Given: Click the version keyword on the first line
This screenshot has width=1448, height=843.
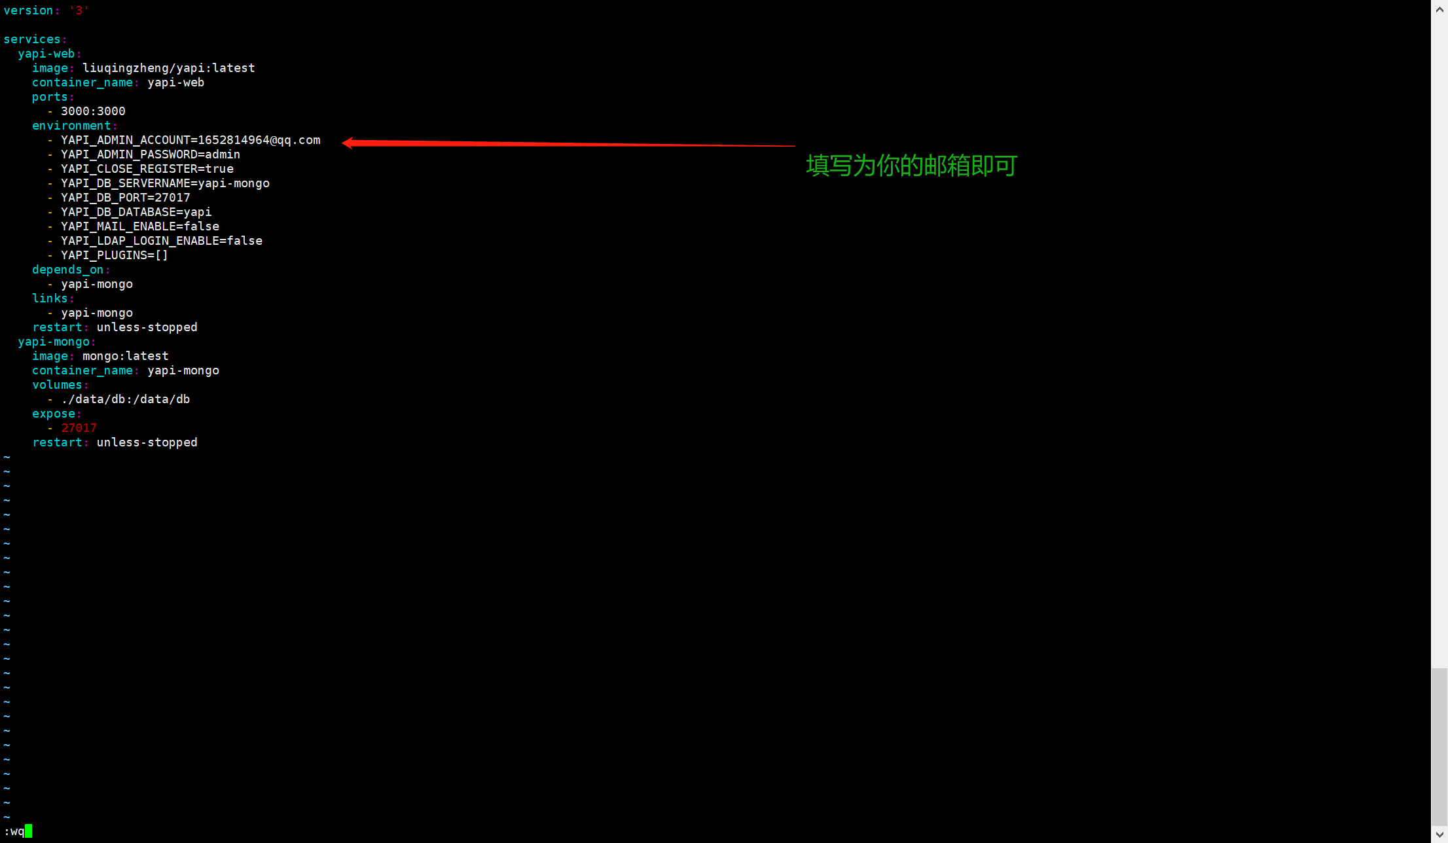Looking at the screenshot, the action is click(28, 10).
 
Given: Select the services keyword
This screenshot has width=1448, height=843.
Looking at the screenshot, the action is click(32, 39).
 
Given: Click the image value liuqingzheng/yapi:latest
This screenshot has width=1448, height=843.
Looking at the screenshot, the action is click(168, 68).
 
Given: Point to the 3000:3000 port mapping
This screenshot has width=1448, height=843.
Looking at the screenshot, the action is click(93, 111).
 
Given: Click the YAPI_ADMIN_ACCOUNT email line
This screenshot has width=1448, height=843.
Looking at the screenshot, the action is click(190, 140).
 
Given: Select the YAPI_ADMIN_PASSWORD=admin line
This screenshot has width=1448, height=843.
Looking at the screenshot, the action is click(151, 154).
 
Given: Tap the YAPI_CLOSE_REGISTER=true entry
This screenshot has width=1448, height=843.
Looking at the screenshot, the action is click(147, 169).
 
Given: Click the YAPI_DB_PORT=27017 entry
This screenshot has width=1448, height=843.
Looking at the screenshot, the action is click(126, 198).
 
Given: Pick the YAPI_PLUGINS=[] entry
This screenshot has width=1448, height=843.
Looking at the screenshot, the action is click(115, 255).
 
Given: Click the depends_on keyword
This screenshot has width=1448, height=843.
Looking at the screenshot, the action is click(67, 270).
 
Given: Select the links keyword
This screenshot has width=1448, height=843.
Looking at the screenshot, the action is click(50, 298).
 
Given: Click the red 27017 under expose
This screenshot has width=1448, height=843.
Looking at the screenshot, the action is click(79, 428).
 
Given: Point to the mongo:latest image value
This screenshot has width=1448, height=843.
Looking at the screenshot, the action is click(125, 356).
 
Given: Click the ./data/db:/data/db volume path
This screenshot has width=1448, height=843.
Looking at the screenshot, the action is click(126, 399).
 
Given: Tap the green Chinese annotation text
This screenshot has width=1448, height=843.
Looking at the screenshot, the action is click(911, 166).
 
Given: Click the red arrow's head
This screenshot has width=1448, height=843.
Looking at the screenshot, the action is click(348, 143).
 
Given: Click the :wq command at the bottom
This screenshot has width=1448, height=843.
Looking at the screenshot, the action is click(14, 831).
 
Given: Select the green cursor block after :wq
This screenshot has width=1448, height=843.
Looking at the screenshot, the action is click(28, 831).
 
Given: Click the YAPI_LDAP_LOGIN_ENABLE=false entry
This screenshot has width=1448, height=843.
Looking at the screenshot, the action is click(162, 241).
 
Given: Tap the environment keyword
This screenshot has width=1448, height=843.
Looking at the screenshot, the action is click(71, 126).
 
